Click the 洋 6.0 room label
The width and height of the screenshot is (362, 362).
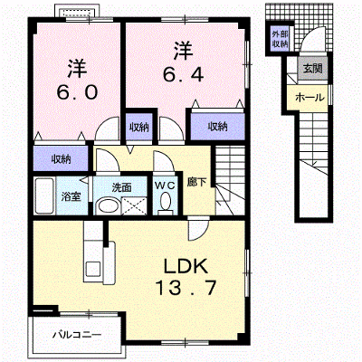pos(77,80)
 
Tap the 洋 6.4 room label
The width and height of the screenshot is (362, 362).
pos(184,62)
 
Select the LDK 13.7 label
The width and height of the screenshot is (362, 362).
pos(186,277)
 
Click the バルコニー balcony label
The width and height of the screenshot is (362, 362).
pos(77,335)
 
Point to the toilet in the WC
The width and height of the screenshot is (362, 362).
pos(165,203)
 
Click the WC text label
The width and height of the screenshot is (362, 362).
pos(165,186)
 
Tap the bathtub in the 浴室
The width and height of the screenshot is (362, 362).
pos(44,196)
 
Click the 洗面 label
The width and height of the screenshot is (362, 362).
pos(122,187)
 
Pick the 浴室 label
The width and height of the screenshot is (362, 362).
pos(71,196)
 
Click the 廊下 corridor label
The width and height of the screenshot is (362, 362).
pos(196,182)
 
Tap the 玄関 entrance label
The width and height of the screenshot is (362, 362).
pos(312,69)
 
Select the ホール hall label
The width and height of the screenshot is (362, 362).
pos(310,98)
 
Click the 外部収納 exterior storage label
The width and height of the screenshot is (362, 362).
pos(280,39)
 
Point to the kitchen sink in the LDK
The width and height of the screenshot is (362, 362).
pos(93,268)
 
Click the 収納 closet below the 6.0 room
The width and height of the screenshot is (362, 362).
pos(61,158)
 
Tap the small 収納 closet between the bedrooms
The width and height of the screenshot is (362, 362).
pos(139,127)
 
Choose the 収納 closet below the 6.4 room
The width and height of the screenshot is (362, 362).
pos(217,127)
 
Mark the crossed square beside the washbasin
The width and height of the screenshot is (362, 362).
pos(135,206)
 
